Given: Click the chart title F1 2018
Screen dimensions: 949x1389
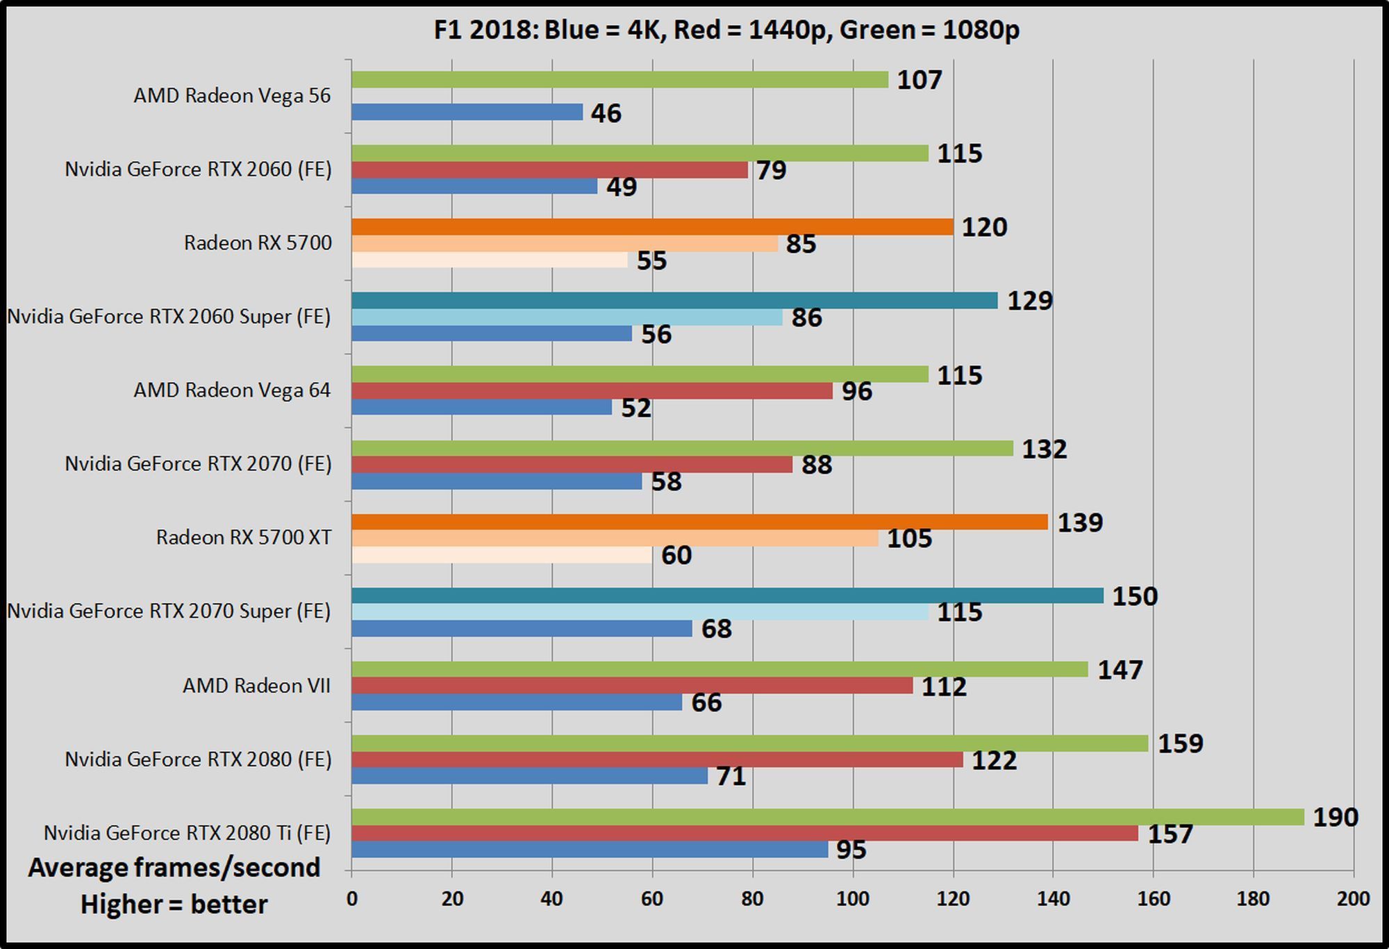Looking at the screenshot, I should point(726,30).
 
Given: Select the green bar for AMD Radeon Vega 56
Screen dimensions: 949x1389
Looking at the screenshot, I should point(619,80).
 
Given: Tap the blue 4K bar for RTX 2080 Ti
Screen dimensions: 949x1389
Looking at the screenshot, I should point(590,850).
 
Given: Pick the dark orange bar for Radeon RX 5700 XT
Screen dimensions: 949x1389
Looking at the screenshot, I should point(699,522).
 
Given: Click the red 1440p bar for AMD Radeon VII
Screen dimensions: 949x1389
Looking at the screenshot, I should point(632,686).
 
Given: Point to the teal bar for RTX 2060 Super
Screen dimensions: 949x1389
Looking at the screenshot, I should point(674,300).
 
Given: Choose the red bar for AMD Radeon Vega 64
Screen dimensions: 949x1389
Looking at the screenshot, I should point(592,391).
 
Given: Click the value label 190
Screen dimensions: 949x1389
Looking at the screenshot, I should point(1335,817).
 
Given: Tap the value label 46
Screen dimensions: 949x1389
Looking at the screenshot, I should point(606,113).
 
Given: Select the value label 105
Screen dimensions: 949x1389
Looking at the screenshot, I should point(909,538).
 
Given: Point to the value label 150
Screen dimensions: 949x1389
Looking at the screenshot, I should point(1135,596).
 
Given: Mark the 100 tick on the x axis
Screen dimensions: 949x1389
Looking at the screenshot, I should point(852,899).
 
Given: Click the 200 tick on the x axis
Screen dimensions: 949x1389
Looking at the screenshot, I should point(1353,899).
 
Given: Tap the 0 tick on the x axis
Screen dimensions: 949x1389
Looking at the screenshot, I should point(352,899).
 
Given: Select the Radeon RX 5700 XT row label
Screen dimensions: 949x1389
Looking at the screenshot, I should point(244,538).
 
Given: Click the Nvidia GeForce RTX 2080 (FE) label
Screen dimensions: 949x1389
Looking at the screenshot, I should point(198,759).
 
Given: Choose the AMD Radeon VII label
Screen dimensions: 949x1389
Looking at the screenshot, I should point(256,686).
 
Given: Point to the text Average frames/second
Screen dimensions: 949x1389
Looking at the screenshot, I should point(174,868).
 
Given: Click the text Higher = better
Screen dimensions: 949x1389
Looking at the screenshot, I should point(174,905).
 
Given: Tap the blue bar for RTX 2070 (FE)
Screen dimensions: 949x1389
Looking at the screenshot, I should point(497,481).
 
